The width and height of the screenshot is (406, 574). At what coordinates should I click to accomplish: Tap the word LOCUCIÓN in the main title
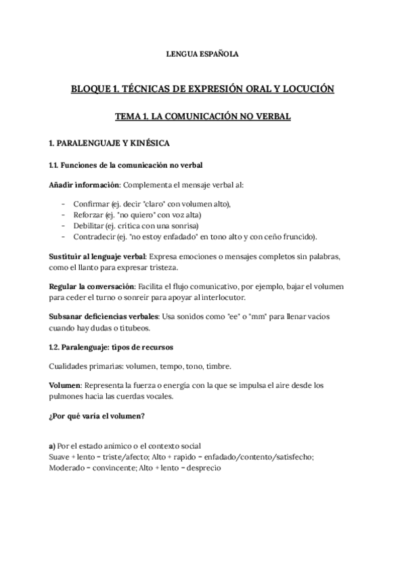(306, 89)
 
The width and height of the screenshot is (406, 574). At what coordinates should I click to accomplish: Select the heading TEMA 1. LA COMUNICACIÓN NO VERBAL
(202, 116)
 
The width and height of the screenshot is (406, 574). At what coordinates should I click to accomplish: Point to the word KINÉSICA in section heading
(145, 143)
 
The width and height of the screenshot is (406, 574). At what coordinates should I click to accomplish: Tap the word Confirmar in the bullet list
(93, 204)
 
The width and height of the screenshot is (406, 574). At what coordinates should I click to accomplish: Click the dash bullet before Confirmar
(63, 204)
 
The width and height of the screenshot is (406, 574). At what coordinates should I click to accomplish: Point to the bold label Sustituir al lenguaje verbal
(97, 257)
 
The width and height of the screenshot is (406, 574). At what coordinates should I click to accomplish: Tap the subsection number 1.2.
(54, 347)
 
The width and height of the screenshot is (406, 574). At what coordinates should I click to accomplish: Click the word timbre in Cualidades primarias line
(218, 366)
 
